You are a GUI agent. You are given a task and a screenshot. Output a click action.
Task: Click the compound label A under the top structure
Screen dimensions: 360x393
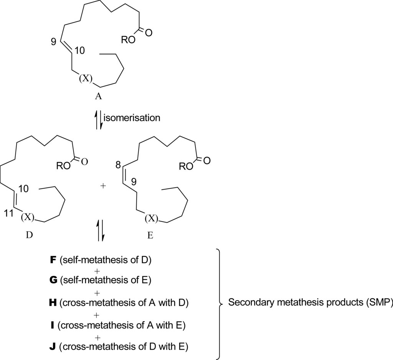tap(98, 97)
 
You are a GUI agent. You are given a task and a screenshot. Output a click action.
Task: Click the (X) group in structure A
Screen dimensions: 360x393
tap(86, 79)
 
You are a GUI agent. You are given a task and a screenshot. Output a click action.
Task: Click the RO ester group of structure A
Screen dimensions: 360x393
tap(128, 41)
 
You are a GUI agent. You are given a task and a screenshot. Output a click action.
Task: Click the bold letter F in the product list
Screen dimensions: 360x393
tap(53, 260)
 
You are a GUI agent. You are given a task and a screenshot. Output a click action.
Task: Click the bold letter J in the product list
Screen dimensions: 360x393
tap(53, 347)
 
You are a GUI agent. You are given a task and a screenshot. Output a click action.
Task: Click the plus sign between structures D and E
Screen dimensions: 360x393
tap(102, 186)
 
